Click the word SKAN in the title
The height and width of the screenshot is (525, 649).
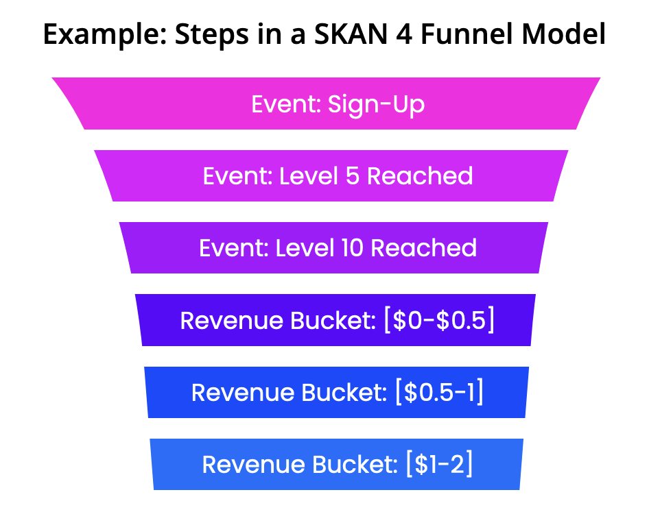click(x=351, y=34)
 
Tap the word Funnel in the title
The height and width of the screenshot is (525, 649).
click(x=467, y=34)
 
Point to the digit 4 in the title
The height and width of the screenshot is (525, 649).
click(x=404, y=34)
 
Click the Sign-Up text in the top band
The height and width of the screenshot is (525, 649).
click(x=376, y=105)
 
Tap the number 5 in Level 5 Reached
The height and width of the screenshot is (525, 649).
click(x=352, y=176)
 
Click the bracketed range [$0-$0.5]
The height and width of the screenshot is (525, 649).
click(x=439, y=320)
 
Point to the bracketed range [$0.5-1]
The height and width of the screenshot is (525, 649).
click(x=439, y=392)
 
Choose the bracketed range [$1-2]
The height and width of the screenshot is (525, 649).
click(x=439, y=464)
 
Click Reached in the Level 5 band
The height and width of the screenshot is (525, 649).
click(x=420, y=176)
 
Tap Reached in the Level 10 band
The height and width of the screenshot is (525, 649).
click(x=423, y=248)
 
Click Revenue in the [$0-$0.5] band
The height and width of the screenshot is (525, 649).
click(x=232, y=321)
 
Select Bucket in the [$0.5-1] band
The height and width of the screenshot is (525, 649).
click(x=344, y=392)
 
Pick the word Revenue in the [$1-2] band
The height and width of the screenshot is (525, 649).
click(x=253, y=465)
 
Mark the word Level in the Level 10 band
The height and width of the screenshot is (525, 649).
click(x=305, y=248)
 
